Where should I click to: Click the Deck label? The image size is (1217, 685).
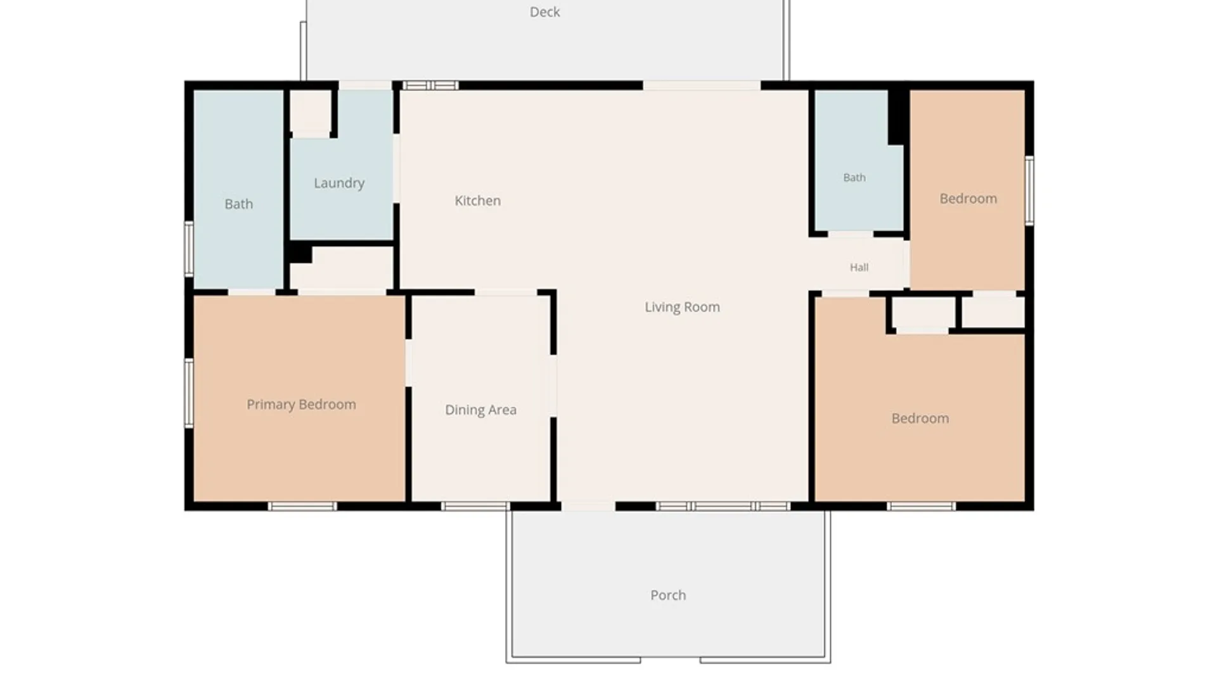[544, 12]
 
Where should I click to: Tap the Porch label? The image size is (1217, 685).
[668, 595]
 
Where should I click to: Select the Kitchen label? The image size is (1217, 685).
[477, 200]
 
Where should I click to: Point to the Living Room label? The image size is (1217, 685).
[682, 307]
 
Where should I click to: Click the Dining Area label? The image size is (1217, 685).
[480, 410]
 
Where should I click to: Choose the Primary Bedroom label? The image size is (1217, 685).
[301, 405]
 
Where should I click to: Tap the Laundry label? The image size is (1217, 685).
[339, 183]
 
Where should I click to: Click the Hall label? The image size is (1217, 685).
[859, 268]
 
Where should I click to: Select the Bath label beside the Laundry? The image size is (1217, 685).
[238, 204]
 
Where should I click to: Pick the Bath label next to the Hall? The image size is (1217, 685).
[854, 178]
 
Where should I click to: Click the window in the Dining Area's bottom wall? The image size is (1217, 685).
[475, 506]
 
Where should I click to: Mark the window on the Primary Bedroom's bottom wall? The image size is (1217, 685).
[302, 506]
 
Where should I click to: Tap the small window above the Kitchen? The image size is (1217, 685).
[430, 85]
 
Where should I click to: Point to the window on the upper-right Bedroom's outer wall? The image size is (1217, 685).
[1029, 190]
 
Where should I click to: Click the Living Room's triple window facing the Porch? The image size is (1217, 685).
[723, 506]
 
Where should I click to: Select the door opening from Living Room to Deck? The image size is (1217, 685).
[702, 85]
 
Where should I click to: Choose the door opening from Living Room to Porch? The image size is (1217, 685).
[588, 506]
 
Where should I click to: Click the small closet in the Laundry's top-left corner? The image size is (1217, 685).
[311, 112]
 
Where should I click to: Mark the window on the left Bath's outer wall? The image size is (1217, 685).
[189, 249]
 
